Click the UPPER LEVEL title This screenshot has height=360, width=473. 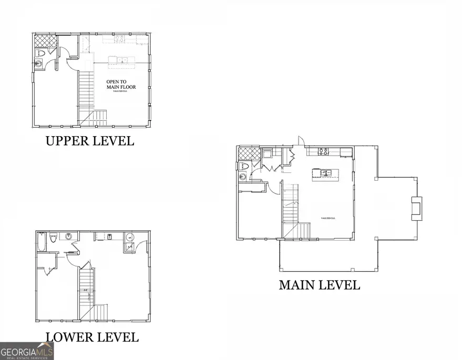(x=89, y=141)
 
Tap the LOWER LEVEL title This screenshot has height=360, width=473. (x=92, y=337)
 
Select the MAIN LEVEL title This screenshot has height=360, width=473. (x=319, y=285)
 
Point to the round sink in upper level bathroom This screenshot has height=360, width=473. (x=39, y=64)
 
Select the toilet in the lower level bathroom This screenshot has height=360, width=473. (x=53, y=240)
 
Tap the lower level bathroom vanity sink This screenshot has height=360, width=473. (x=69, y=236)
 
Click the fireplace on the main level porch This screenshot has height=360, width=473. (x=415, y=207)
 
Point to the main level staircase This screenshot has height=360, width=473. (x=291, y=208)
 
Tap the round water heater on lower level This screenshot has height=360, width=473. (x=130, y=237)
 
